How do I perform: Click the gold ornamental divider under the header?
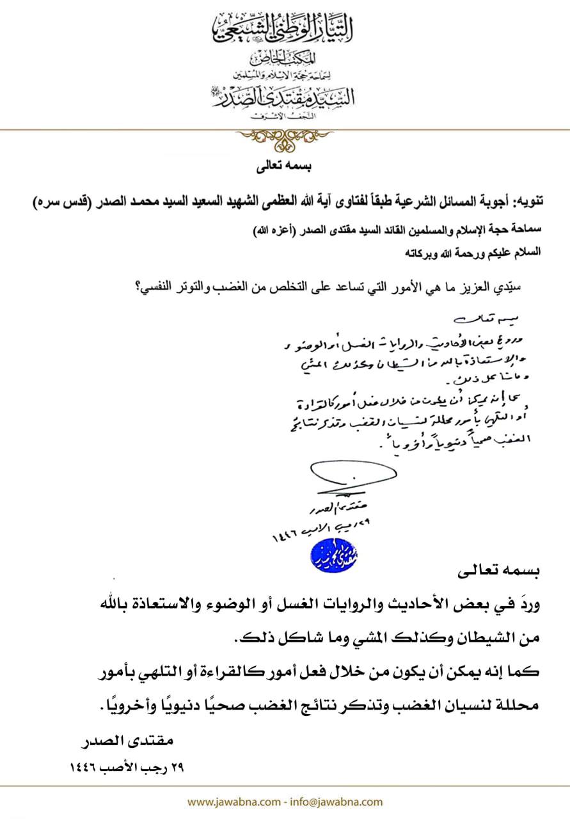[285, 136]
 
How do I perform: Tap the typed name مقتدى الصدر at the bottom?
[132, 742]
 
